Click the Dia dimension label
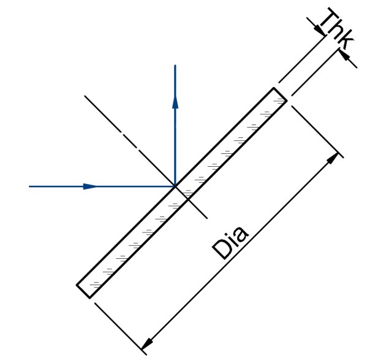click(230, 243)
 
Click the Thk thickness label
click(337, 28)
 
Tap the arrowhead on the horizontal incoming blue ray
click(90, 186)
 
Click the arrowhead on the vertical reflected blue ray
click(175, 102)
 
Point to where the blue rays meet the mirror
click(175, 186)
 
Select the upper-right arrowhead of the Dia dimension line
click(333, 158)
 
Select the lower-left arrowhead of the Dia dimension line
click(147, 343)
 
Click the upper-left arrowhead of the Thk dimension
click(319, 29)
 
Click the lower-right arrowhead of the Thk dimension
click(344, 55)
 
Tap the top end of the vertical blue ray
click(175, 65)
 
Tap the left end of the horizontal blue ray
click(29, 186)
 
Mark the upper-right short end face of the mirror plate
click(281, 94)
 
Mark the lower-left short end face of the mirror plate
click(83, 291)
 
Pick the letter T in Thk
click(328, 18)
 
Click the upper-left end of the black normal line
click(85, 96)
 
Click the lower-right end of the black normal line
click(207, 218)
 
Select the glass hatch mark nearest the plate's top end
click(279, 101)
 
